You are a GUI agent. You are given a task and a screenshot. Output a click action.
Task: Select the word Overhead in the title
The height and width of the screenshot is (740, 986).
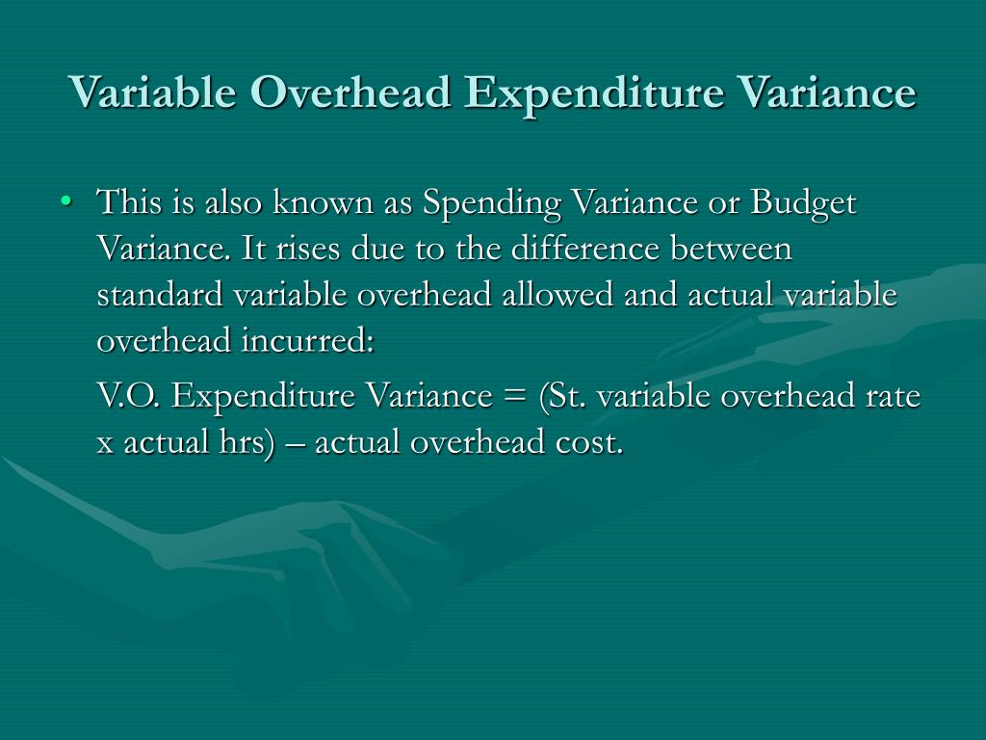click(351, 93)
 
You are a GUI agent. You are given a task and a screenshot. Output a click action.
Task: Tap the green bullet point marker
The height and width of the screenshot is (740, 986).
click(65, 203)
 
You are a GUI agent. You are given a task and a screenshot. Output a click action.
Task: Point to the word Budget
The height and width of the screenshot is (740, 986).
click(803, 204)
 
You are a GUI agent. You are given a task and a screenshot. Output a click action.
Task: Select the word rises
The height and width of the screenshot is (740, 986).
click(296, 250)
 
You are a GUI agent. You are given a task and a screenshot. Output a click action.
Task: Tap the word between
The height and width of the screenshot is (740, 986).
click(736, 250)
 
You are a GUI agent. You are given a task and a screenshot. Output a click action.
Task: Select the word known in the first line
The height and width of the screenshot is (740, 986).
click(314, 204)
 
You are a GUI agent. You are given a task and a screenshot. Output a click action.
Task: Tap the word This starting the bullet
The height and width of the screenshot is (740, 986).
click(127, 204)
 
